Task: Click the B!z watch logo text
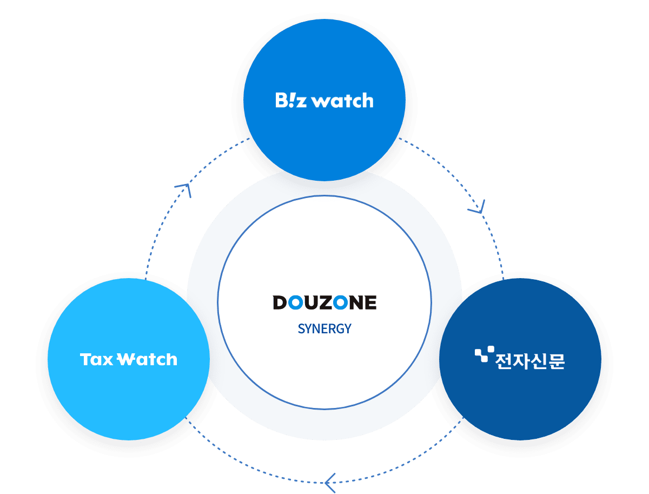324,101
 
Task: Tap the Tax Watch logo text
129,359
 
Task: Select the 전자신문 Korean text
529,359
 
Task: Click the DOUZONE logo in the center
325,302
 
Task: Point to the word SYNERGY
325,328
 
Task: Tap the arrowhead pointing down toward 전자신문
479,206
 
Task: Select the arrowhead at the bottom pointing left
329,479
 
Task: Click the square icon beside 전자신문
481,355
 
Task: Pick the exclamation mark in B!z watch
293,100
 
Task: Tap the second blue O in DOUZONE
340,302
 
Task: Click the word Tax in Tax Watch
96,359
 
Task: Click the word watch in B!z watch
343,101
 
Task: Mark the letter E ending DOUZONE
370,302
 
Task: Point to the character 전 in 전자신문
504,360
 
